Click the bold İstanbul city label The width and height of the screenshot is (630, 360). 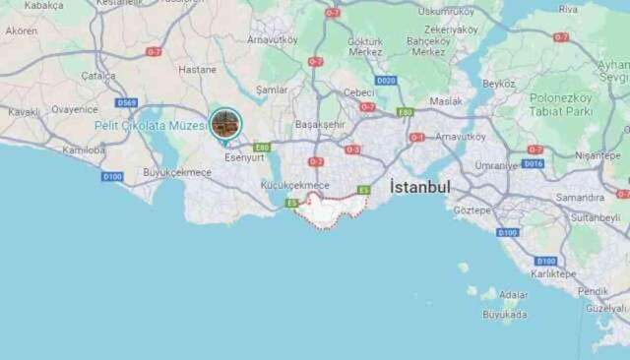pos(420,187)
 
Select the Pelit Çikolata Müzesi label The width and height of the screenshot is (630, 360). pos(150,125)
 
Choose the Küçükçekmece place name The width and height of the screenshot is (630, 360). pos(294,185)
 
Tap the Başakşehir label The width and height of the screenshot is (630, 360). pos(320,125)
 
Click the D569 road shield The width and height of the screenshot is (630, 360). pos(126,102)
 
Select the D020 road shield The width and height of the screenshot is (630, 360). pos(386,81)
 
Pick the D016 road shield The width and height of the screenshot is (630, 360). pos(533,164)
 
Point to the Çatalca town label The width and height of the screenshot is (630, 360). pos(97,75)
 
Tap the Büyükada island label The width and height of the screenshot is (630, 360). pos(504,315)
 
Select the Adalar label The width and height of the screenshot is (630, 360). pos(513,294)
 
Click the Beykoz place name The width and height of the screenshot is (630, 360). pos(499,84)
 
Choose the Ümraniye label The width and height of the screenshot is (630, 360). pos(496,165)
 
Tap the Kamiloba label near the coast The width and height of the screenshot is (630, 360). pos(83,150)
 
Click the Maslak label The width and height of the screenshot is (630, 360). pos(446,100)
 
